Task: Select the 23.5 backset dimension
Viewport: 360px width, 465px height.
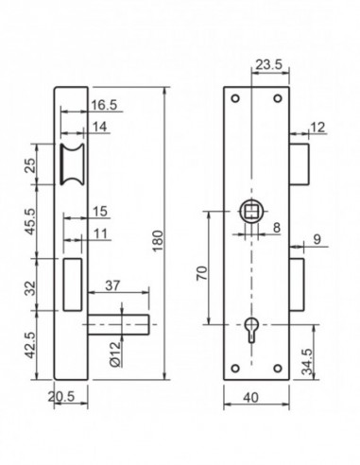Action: click(267, 66)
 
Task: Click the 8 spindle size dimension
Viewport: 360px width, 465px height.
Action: click(276, 227)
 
